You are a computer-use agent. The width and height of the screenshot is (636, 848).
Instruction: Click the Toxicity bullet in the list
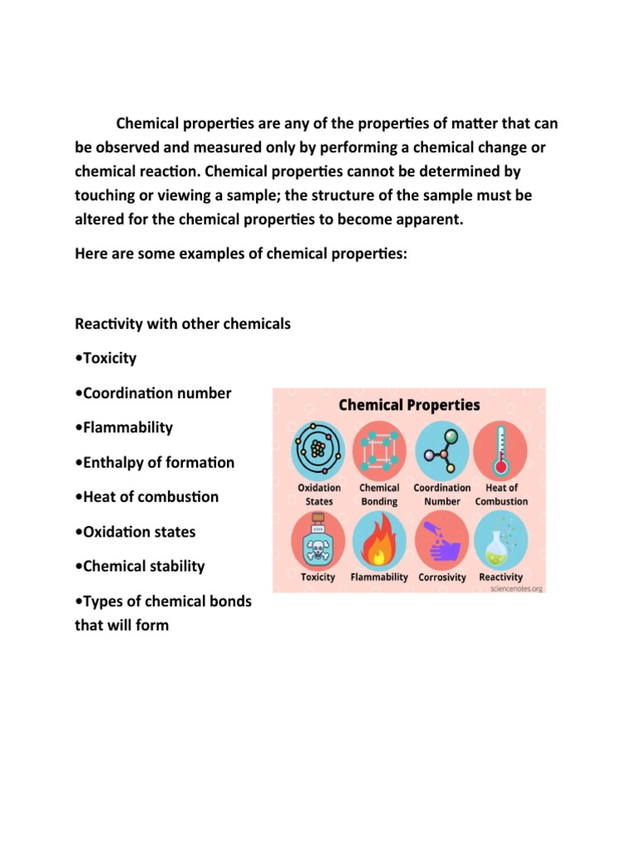[x=105, y=359]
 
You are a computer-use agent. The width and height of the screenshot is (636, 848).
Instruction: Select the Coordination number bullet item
[x=152, y=393]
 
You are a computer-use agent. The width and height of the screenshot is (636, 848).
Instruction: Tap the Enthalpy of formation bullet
[x=154, y=463]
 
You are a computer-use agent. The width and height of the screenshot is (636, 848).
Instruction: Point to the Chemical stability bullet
[x=139, y=567]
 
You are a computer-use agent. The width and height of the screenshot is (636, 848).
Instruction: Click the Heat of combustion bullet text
[x=147, y=498]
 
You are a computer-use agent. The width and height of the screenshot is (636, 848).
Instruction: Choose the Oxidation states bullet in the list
[x=135, y=532]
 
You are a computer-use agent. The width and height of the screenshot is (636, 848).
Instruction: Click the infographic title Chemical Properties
[x=409, y=405]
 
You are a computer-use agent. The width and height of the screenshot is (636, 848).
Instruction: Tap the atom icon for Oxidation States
[x=318, y=450]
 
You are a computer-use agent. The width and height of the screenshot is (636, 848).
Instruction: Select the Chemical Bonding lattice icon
[x=379, y=450]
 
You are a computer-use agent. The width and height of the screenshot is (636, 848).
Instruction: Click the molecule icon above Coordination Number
[x=441, y=450]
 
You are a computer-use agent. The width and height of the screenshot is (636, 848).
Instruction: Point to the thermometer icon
[x=502, y=450]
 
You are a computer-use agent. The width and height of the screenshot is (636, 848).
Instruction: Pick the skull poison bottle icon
[x=318, y=539]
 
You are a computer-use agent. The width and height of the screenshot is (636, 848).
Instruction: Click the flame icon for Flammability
[x=379, y=539]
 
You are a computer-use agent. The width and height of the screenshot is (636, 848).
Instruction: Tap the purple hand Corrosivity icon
[x=441, y=539]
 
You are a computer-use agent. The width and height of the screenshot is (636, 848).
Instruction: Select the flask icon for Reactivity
[x=502, y=539]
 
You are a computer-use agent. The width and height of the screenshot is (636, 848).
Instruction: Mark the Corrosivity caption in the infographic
[x=442, y=577]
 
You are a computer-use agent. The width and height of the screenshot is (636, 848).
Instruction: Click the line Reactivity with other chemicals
[x=183, y=324]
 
